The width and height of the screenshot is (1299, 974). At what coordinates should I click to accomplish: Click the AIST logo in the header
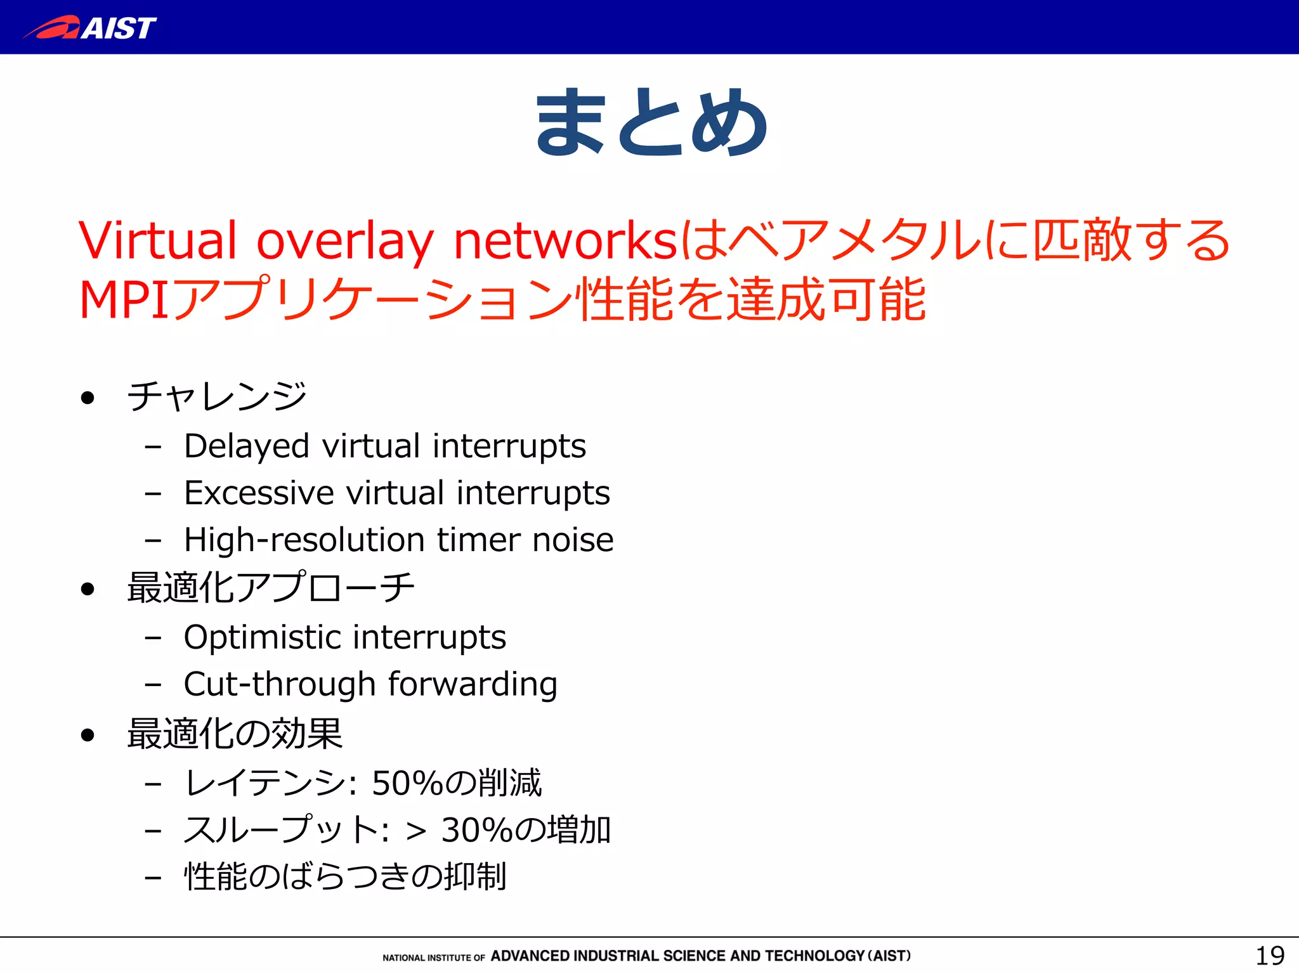pos(90,28)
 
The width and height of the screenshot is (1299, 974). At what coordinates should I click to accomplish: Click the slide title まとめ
pos(651,122)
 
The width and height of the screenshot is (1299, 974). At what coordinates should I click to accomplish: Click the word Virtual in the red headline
pos(157,241)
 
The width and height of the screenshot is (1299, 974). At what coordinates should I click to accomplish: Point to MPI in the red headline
pos(124,300)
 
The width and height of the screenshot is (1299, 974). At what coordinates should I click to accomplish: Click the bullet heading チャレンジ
pos(217,396)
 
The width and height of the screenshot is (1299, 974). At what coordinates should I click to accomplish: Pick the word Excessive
pos(259,493)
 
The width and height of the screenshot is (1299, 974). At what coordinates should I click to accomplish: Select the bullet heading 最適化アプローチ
pos(271,587)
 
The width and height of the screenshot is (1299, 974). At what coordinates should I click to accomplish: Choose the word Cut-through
pos(280,684)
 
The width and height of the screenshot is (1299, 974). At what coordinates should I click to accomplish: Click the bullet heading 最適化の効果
pos(235,734)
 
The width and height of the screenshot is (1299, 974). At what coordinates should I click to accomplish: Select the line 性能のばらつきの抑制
pos(345,877)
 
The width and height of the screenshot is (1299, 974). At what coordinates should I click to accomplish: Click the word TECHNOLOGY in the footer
pos(814,956)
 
